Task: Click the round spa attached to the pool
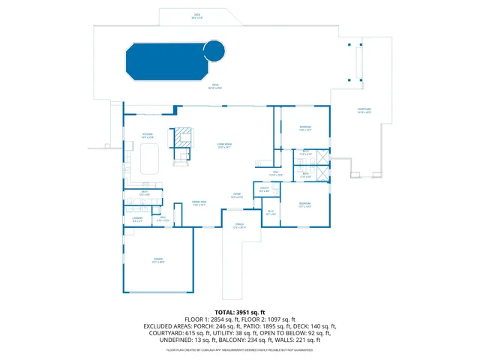[x=214, y=51]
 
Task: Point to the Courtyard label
[x=365, y=112]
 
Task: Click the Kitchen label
[x=148, y=136]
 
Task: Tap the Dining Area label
[x=199, y=204]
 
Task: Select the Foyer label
[x=236, y=196]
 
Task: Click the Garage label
[x=157, y=261]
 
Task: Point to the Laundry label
[x=137, y=220]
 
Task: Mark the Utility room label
[x=264, y=190]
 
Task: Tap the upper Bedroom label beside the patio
[x=305, y=128]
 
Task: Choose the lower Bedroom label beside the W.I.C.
[x=304, y=205]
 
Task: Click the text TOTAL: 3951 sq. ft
[x=240, y=311]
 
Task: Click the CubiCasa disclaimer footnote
[x=240, y=349]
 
